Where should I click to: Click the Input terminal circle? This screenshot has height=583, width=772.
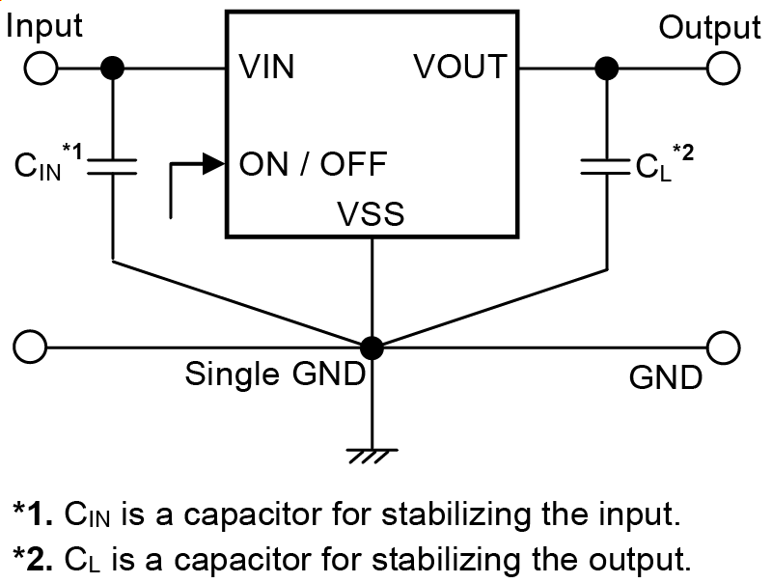(x=42, y=69)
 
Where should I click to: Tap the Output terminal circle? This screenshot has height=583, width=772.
(x=724, y=69)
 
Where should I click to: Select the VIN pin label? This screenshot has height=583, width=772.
(x=267, y=68)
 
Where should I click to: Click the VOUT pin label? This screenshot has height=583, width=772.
(x=460, y=68)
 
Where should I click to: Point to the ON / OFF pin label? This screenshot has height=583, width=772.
(x=313, y=163)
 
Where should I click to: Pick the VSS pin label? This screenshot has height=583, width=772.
(x=372, y=214)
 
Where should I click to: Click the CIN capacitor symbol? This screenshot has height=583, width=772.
(x=113, y=166)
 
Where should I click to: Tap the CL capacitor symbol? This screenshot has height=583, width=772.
(x=607, y=166)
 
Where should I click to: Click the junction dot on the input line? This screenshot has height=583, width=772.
(x=113, y=69)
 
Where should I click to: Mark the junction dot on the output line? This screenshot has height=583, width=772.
(x=607, y=69)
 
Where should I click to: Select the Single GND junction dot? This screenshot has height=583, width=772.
(x=372, y=346)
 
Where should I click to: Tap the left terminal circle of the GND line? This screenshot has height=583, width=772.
(x=32, y=346)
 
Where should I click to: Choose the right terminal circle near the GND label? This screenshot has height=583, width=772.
(x=724, y=346)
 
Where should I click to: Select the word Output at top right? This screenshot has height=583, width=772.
(x=709, y=28)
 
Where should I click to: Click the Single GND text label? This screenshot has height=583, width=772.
(x=275, y=374)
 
